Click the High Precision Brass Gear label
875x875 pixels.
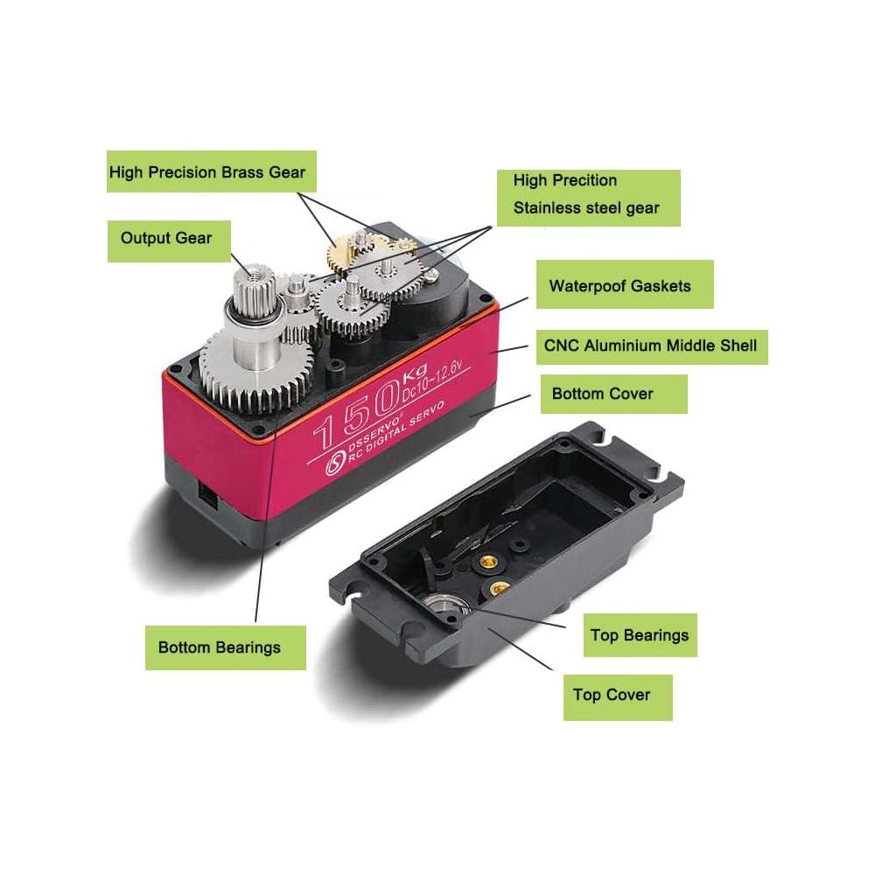(x=212, y=171)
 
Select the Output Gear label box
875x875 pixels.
(x=169, y=241)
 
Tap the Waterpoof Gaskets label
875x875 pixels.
(x=625, y=284)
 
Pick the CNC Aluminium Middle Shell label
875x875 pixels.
(x=652, y=347)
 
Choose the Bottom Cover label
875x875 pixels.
(x=614, y=394)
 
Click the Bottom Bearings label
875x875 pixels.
(x=226, y=647)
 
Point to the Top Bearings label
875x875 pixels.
(x=640, y=635)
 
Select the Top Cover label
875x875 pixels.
(x=618, y=697)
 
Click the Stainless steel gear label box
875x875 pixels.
(x=589, y=198)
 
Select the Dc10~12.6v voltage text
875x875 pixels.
(x=431, y=381)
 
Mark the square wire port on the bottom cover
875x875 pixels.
(x=207, y=495)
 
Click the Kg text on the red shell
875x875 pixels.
(x=414, y=372)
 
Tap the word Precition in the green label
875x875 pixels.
(x=584, y=181)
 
